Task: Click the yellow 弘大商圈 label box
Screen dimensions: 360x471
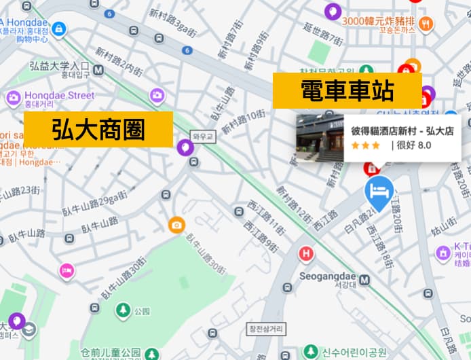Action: pos(98,129)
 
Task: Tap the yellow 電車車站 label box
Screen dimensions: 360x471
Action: pos(347,90)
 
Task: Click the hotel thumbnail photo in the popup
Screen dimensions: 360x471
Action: pos(320,138)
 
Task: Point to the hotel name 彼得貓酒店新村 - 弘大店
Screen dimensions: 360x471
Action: pos(402,130)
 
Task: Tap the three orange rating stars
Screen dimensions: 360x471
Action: pos(365,145)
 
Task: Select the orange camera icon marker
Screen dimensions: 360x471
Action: pos(176,225)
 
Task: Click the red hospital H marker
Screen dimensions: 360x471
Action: pos(306,254)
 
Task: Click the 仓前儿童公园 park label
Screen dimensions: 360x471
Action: pos(111,352)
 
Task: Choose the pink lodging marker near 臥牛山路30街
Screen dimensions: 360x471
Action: pos(67,271)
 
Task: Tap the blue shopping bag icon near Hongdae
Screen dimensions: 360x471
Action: pos(59,29)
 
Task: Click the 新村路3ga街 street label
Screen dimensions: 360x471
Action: pos(172,23)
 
